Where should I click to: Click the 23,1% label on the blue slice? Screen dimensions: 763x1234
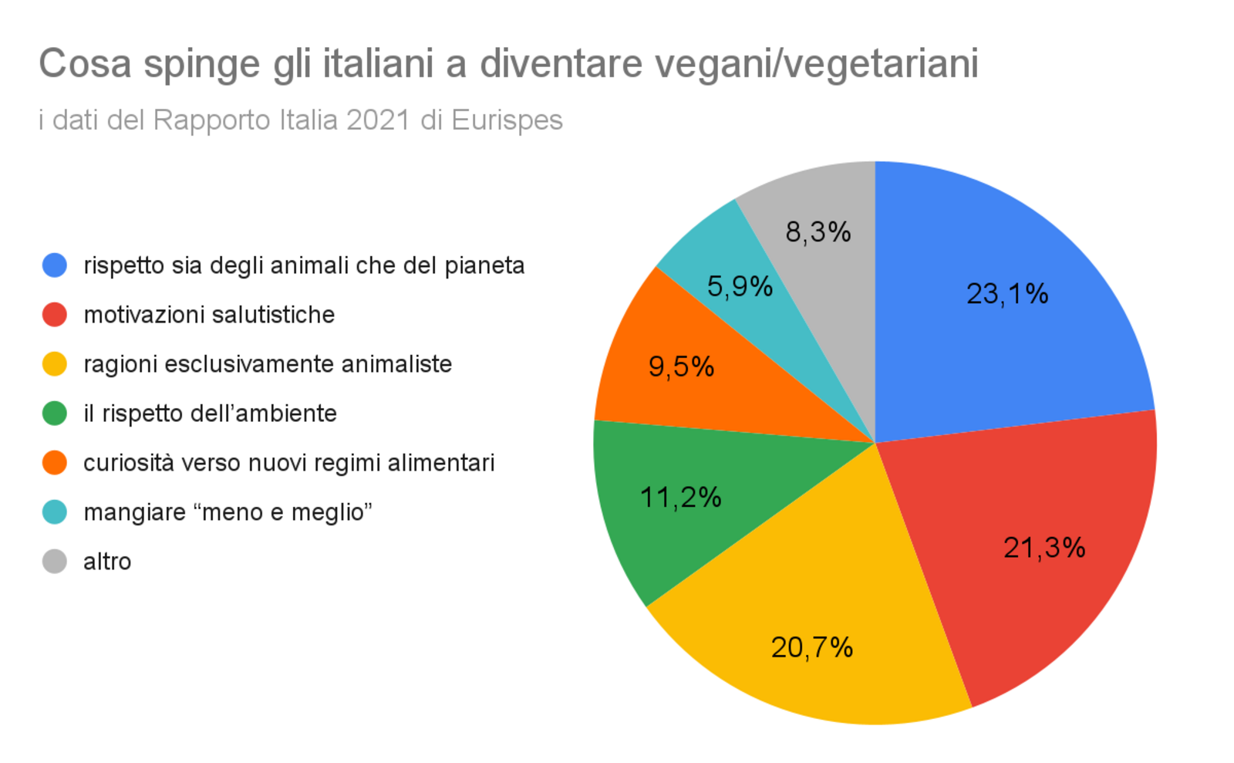(x=1007, y=294)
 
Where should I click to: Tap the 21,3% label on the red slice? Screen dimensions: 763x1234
(x=1044, y=548)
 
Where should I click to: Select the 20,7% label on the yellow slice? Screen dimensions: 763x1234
(x=812, y=647)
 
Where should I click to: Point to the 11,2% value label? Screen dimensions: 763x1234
(x=681, y=498)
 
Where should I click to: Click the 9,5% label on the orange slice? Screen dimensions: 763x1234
(x=681, y=366)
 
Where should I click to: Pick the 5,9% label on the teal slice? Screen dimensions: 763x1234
(x=740, y=287)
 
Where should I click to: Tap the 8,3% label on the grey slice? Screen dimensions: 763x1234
(x=818, y=231)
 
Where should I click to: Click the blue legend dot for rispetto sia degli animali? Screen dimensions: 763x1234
(x=55, y=265)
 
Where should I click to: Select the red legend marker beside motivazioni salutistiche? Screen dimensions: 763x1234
(x=55, y=315)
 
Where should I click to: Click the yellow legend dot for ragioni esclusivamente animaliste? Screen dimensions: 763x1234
(x=55, y=364)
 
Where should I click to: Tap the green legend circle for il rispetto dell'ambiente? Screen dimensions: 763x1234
(x=55, y=414)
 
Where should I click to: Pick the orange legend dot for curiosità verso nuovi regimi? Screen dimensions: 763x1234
(x=55, y=463)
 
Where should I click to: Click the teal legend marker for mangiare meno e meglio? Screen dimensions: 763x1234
(x=55, y=512)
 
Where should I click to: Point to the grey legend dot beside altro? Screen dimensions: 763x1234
(x=55, y=562)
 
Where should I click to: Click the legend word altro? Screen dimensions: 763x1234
(x=107, y=562)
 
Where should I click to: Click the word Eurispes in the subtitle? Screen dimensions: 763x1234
(x=507, y=120)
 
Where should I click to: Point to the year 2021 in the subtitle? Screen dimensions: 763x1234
(x=378, y=120)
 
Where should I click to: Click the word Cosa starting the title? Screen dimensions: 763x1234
(x=86, y=64)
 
